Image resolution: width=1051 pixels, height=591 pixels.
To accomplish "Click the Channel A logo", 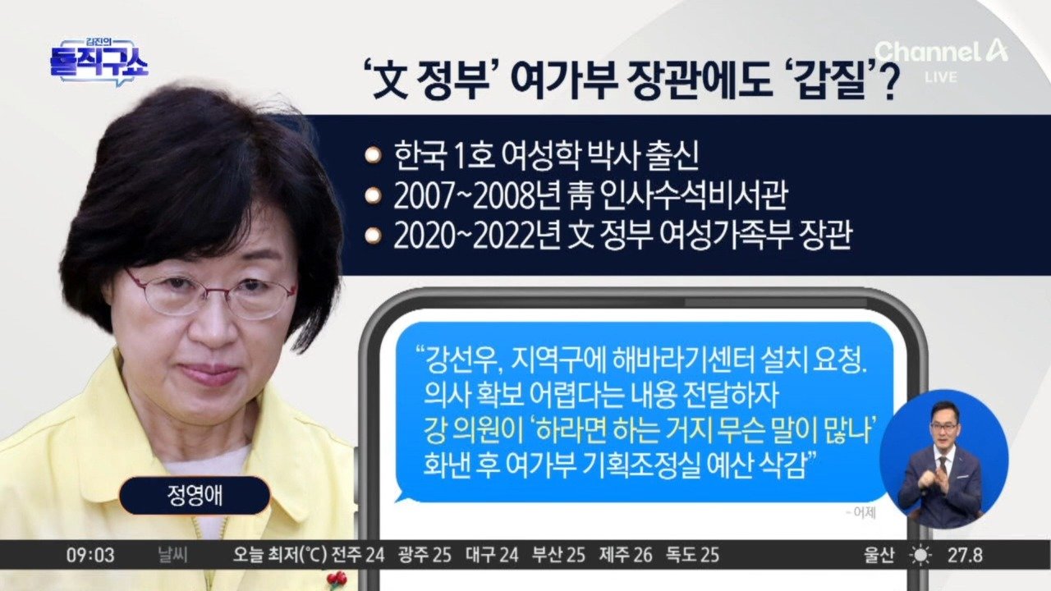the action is [941, 51].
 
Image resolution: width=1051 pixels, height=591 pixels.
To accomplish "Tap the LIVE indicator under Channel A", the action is [941, 77].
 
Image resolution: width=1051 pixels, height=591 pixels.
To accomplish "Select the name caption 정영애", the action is [195, 496].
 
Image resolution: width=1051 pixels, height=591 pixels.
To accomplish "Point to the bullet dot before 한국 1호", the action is [373, 155].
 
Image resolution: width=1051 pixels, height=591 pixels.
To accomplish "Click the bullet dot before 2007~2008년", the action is [373, 196].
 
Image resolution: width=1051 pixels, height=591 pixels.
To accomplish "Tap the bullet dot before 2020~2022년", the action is [373, 236].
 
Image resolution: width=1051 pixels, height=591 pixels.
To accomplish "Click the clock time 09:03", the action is [90, 556].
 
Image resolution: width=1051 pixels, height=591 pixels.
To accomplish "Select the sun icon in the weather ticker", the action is [920, 556].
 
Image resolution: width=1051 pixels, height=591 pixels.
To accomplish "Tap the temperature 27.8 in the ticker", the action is [965, 556].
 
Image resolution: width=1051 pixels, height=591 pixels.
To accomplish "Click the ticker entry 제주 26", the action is [626, 556].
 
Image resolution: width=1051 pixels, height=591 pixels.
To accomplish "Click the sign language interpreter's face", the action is [943, 428].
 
